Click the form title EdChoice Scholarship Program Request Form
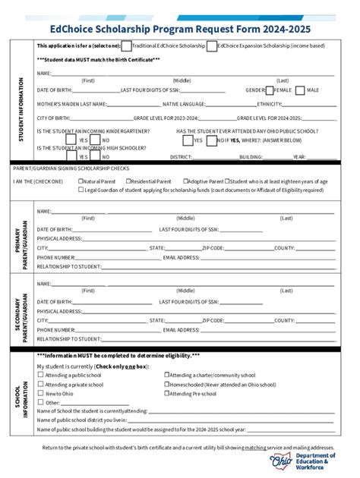coord(180,29)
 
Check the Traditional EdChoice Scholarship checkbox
coord(127,46)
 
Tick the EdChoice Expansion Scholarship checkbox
coord(210,46)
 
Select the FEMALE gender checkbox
coord(270,90)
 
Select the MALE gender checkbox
coord(301,90)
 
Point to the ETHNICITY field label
coord(270,104)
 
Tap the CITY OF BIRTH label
coord(54,118)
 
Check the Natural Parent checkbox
coord(81,181)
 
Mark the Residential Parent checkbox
coord(126,181)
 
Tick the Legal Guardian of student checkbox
coord(81,190)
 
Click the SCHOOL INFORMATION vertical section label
coord(21,394)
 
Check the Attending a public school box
coord(41,375)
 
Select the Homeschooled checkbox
coord(167,384)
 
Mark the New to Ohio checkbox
coord(41,394)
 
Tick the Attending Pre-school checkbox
coord(167,394)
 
